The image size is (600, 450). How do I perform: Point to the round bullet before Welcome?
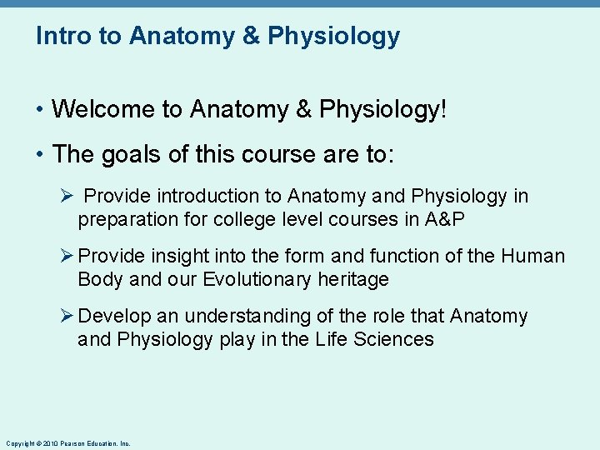pos(40,110)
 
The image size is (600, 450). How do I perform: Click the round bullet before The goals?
pos(40,155)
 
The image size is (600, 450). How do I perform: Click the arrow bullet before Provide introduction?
pos(69,197)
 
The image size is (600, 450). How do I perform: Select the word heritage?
pos(353,279)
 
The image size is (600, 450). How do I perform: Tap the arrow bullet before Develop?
pos(69,317)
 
